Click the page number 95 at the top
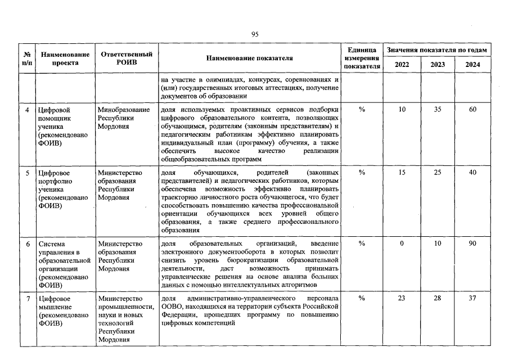pyautogui.click(x=254, y=35)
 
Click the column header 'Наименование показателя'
pyautogui.click(x=250, y=58)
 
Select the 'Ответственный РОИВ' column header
pyautogui.click(x=127, y=58)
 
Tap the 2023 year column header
pyautogui.click(x=437, y=65)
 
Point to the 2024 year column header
pyautogui.click(x=472, y=65)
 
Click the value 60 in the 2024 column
pyautogui.click(x=472, y=110)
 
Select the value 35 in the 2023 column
pyautogui.click(x=437, y=110)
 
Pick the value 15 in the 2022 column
pyautogui.click(x=402, y=172)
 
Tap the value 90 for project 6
pyautogui.click(x=472, y=244)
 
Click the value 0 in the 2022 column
pyautogui.click(x=402, y=244)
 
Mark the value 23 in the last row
pyautogui.click(x=402, y=298)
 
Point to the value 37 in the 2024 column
pyautogui.click(x=472, y=298)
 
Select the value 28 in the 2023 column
pyautogui.click(x=437, y=298)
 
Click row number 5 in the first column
pyautogui.click(x=28, y=172)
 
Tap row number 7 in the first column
pyautogui.click(x=28, y=298)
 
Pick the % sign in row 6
pyautogui.click(x=362, y=244)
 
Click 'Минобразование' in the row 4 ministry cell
pyautogui.click(x=124, y=110)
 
